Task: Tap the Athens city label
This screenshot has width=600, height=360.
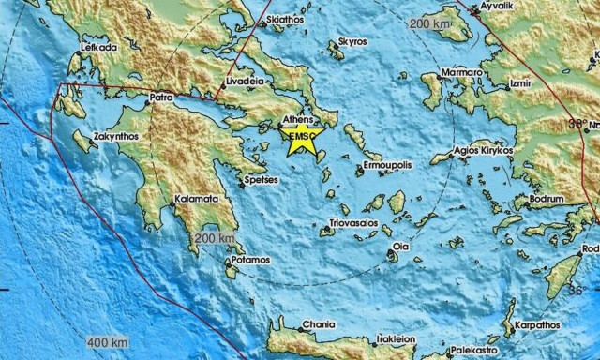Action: click(x=298, y=121)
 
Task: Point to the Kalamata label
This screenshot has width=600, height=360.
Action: click(x=197, y=199)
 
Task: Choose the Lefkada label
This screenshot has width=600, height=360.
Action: click(x=97, y=45)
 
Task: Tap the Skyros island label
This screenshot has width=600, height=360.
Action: click(x=352, y=42)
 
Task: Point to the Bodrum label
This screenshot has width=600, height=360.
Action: click(x=547, y=200)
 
